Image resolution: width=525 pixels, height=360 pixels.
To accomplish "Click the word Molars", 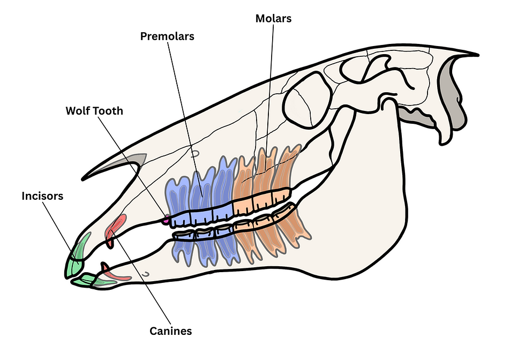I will pos(273,19).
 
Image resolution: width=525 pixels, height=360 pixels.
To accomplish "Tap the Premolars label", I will pos(167,37).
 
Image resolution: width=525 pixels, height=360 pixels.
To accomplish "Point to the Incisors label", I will pos(42,196).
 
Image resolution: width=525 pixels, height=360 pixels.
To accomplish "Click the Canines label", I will pos(170,331).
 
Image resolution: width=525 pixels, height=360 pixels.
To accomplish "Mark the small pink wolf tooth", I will pos(167,219).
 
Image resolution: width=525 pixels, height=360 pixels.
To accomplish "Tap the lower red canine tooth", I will pos(115,275).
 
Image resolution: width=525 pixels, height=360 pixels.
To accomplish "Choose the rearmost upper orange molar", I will pos(281,182).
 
